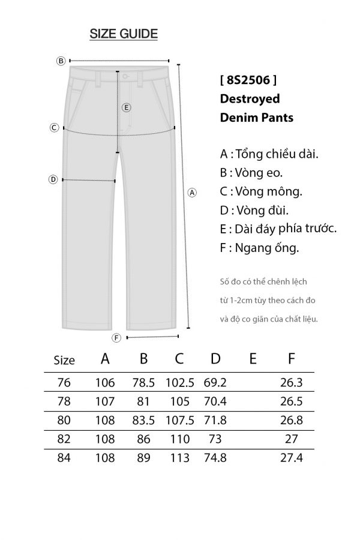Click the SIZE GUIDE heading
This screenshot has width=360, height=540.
point(124,34)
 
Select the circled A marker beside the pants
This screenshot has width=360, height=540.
point(193,193)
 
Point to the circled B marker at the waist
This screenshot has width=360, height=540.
point(61,61)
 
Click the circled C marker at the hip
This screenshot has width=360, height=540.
point(54,127)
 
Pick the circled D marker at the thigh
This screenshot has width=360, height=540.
point(53,179)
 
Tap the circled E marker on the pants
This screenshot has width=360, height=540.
point(126,107)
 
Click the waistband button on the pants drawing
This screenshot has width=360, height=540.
point(125,76)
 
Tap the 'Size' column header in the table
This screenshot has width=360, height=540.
point(64,361)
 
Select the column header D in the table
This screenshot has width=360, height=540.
point(215,359)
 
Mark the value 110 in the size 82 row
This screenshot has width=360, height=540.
point(179,439)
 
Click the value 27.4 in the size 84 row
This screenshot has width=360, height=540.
point(292,458)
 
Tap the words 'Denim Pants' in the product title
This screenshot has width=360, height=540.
point(257,118)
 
